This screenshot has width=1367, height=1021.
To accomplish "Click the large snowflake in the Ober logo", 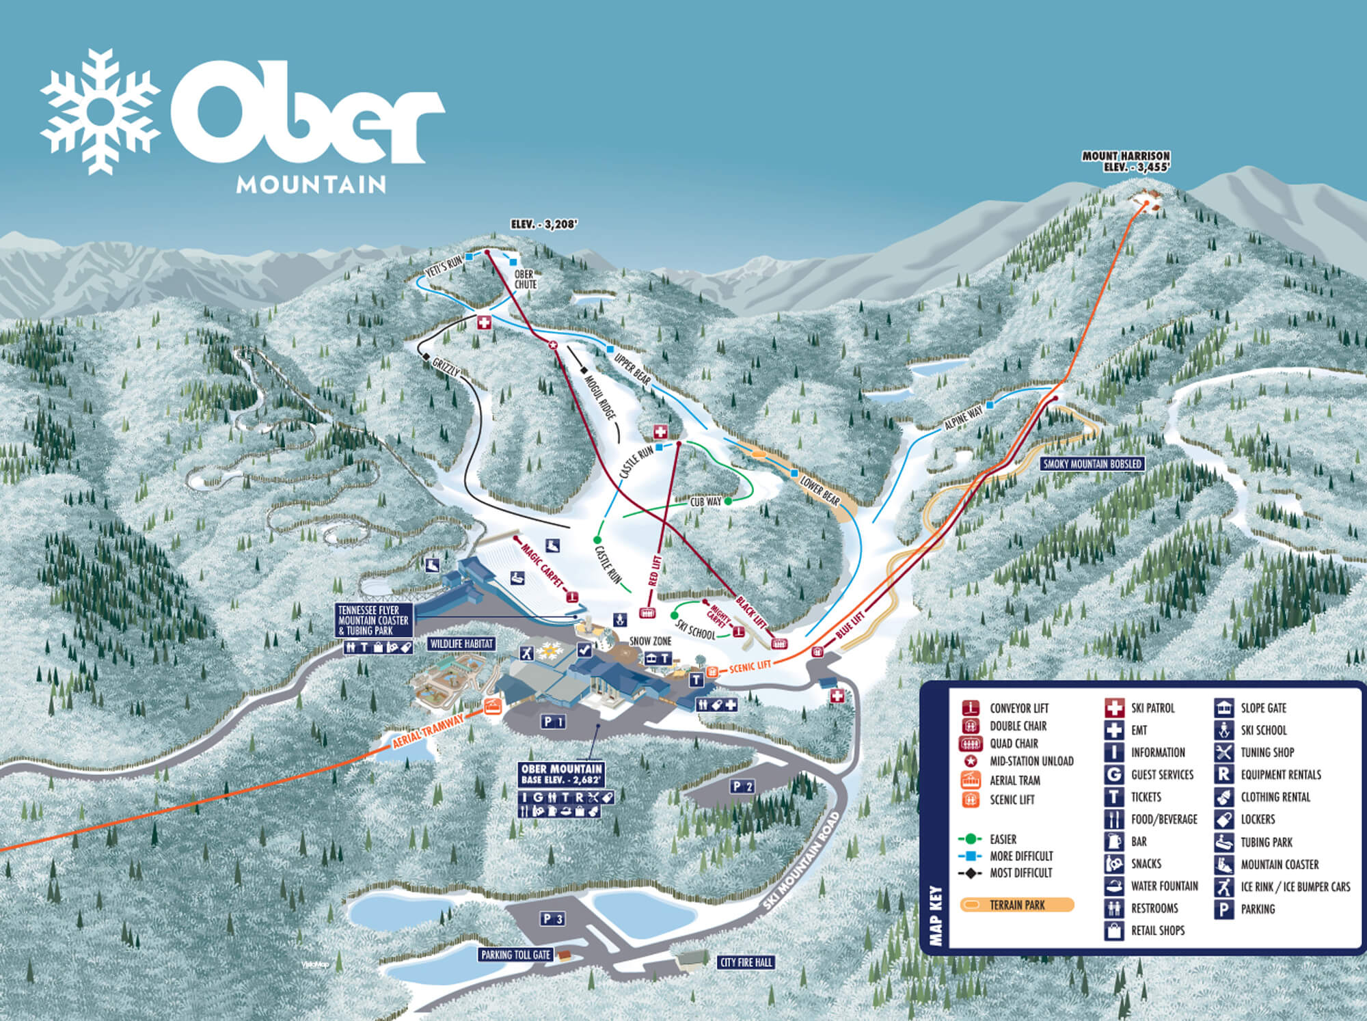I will tap(100, 111).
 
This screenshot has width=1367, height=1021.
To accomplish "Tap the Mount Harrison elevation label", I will tap(1126, 161).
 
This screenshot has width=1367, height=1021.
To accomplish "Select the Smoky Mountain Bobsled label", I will tap(1092, 464).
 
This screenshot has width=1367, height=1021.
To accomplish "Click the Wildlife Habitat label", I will tap(461, 644).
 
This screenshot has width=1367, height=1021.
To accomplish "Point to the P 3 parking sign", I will tap(552, 919).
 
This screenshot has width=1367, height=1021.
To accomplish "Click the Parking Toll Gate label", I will tap(515, 955).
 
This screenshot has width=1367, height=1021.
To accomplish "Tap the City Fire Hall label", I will tap(746, 962).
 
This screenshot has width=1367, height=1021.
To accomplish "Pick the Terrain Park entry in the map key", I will tap(1017, 906).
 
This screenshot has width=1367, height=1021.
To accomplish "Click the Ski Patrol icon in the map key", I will tap(1114, 708).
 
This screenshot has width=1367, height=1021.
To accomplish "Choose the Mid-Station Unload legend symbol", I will tap(970, 761).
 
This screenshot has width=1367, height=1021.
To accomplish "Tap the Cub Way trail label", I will tap(705, 502).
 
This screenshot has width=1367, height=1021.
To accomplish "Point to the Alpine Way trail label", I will tap(963, 417).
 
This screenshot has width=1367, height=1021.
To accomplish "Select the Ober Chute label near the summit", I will tap(525, 280).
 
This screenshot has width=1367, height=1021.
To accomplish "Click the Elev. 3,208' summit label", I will tap(544, 224).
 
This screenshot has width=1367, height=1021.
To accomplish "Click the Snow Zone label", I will tap(650, 641).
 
